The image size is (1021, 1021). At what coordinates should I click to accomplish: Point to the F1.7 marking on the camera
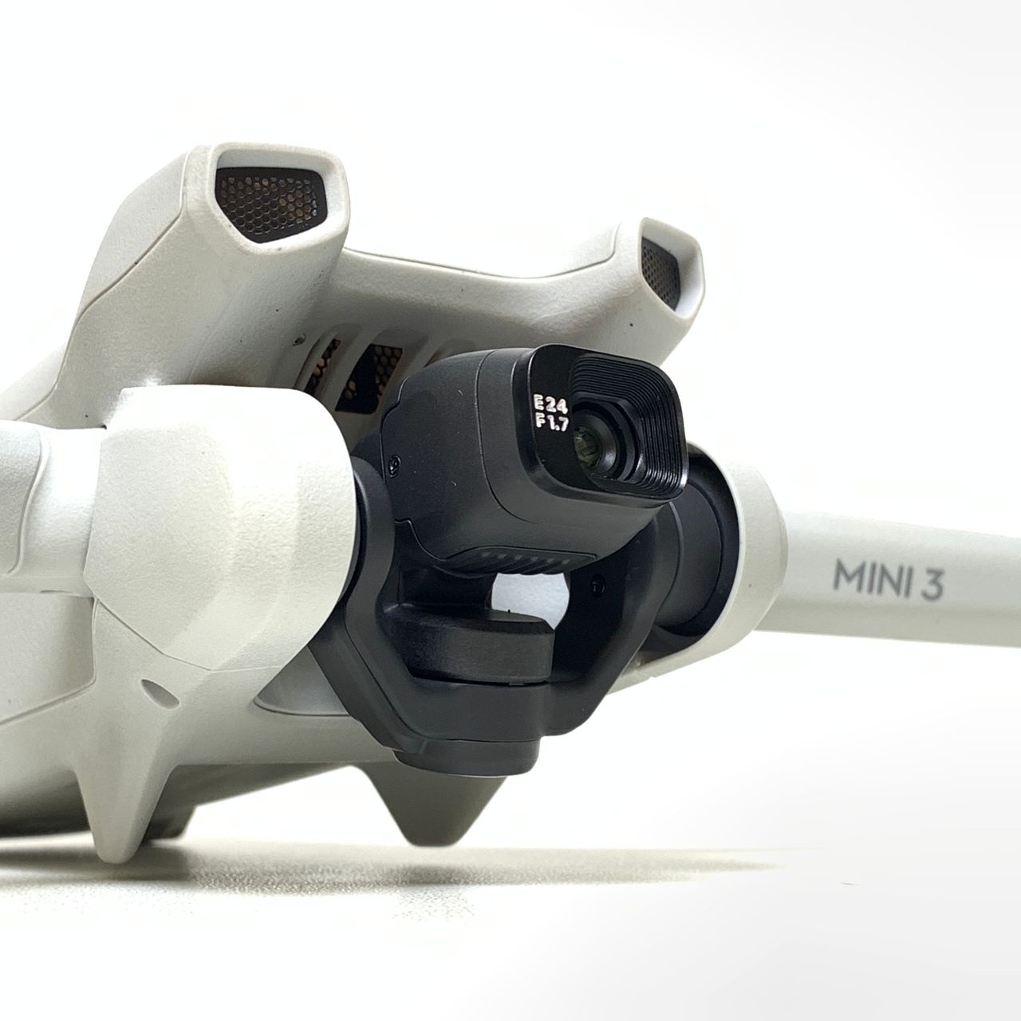551,424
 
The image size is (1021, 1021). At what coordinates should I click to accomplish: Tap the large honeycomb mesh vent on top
270,204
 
